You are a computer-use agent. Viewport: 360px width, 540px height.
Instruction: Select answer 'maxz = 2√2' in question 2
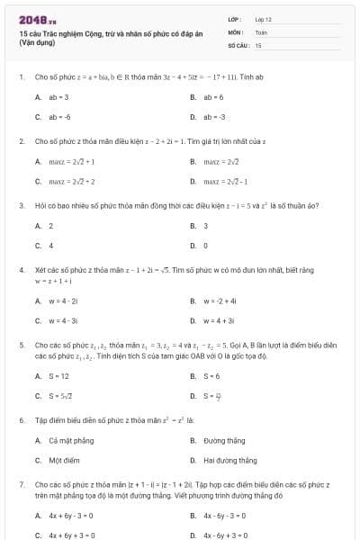click(x=220, y=162)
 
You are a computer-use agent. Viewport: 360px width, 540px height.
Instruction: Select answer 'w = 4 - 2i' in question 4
click(x=64, y=301)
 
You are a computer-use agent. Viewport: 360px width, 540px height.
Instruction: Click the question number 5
click(x=20, y=345)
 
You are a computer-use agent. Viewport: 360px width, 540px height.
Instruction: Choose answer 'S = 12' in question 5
click(x=59, y=375)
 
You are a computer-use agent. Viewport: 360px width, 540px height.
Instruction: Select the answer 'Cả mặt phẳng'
click(x=68, y=441)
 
